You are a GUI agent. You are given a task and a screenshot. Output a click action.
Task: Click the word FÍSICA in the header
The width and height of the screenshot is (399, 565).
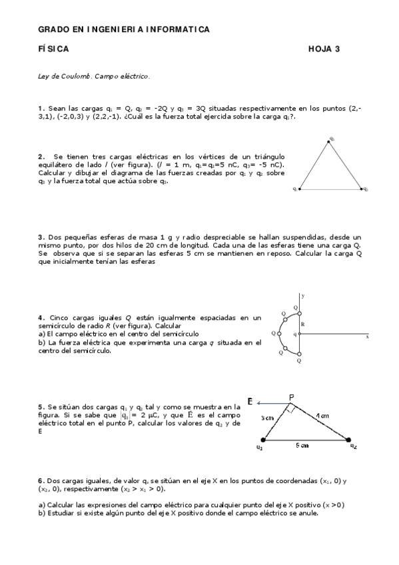tap(53, 49)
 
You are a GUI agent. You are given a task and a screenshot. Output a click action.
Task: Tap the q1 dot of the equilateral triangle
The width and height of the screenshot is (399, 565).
tap(300, 189)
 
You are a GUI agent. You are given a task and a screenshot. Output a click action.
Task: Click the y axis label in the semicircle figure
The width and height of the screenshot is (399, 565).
tap(303, 294)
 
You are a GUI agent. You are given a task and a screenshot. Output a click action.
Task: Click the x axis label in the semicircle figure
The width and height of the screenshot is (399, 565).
tap(367, 338)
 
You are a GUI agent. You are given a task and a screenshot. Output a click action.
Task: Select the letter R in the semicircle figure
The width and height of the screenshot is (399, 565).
tap(302, 324)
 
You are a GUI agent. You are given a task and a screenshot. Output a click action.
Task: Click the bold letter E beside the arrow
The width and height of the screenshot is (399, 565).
tap(250, 402)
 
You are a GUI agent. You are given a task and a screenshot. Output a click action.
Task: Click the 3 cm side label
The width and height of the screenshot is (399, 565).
tap(267, 418)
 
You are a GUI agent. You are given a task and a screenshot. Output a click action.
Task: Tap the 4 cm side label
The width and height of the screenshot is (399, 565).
tap(323, 416)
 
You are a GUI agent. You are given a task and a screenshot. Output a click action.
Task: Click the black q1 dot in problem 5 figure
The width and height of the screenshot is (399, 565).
tap(262, 440)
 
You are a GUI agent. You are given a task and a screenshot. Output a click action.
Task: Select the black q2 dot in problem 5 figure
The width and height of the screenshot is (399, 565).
tap(348, 439)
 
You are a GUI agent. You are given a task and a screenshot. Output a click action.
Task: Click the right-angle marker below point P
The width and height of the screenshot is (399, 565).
tap(291, 409)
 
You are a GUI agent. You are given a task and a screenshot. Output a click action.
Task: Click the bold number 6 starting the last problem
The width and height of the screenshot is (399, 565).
tap(40, 480)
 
